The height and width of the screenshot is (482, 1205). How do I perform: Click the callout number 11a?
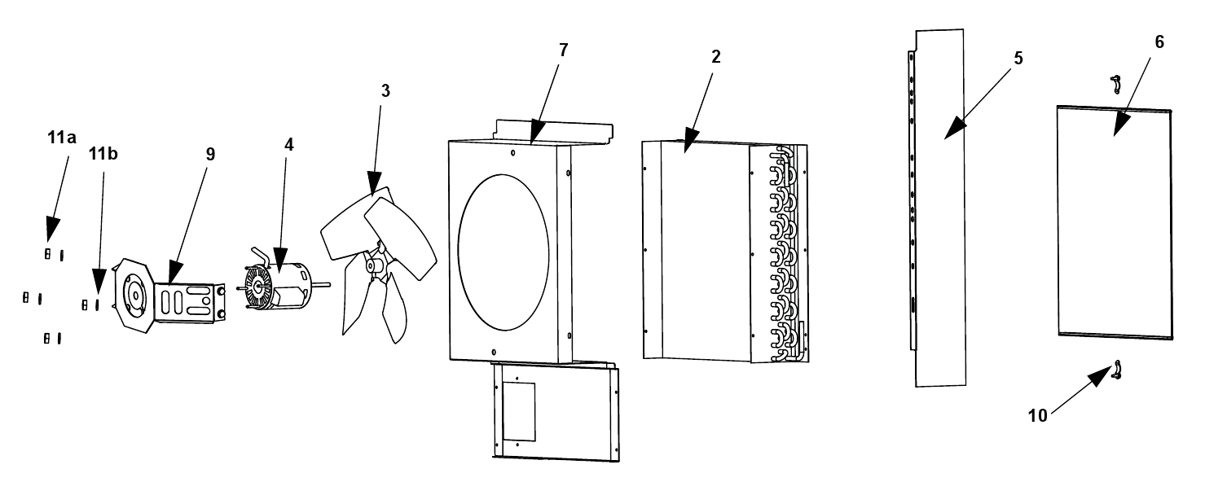[62, 138]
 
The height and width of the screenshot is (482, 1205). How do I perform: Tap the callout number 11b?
[103, 154]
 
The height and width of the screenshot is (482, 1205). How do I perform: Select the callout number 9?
[210, 154]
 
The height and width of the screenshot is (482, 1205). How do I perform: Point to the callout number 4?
[289, 145]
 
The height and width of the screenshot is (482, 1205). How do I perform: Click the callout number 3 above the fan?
[385, 91]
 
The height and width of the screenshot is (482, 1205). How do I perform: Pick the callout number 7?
[563, 50]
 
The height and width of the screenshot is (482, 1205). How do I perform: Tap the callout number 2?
[715, 56]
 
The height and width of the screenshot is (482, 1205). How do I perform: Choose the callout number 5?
[1018, 59]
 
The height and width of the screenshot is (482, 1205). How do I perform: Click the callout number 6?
[1159, 42]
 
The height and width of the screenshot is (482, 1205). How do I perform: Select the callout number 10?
[1038, 415]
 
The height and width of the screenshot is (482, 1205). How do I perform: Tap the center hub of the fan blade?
[373, 265]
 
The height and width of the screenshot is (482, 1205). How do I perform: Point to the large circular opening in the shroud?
[504, 252]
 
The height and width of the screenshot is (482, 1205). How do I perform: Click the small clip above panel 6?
[1115, 84]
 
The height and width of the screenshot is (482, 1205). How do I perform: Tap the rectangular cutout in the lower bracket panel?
[518, 412]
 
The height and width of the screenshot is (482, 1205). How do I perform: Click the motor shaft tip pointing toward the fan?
[328, 283]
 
